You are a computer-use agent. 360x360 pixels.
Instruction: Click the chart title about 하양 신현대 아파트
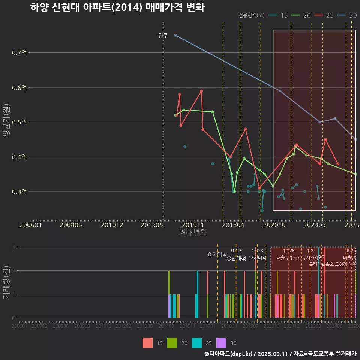click(x=117, y=7)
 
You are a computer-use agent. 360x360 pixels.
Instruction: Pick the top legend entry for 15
click(x=279, y=15)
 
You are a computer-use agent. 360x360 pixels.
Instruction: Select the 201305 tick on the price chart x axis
click(x=151, y=225)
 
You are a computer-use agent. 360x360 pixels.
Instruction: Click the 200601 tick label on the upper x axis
click(x=30, y=225)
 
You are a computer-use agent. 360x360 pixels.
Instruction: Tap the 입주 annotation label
click(x=163, y=36)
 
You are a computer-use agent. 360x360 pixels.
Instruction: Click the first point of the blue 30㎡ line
click(x=175, y=35)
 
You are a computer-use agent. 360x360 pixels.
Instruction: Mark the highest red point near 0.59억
click(x=201, y=91)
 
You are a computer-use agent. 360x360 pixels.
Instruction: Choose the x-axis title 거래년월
click(x=193, y=232)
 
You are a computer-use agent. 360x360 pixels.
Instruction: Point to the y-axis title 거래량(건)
click(x=6, y=282)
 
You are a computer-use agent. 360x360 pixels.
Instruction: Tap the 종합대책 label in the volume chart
click(x=236, y=258)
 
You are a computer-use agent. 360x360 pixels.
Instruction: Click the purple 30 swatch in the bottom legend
click(x=222, y=343)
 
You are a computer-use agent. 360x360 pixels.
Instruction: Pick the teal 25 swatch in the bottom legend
click(x=197, y=343)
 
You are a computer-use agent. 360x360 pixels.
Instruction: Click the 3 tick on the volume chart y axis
click(x=13, y=247)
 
